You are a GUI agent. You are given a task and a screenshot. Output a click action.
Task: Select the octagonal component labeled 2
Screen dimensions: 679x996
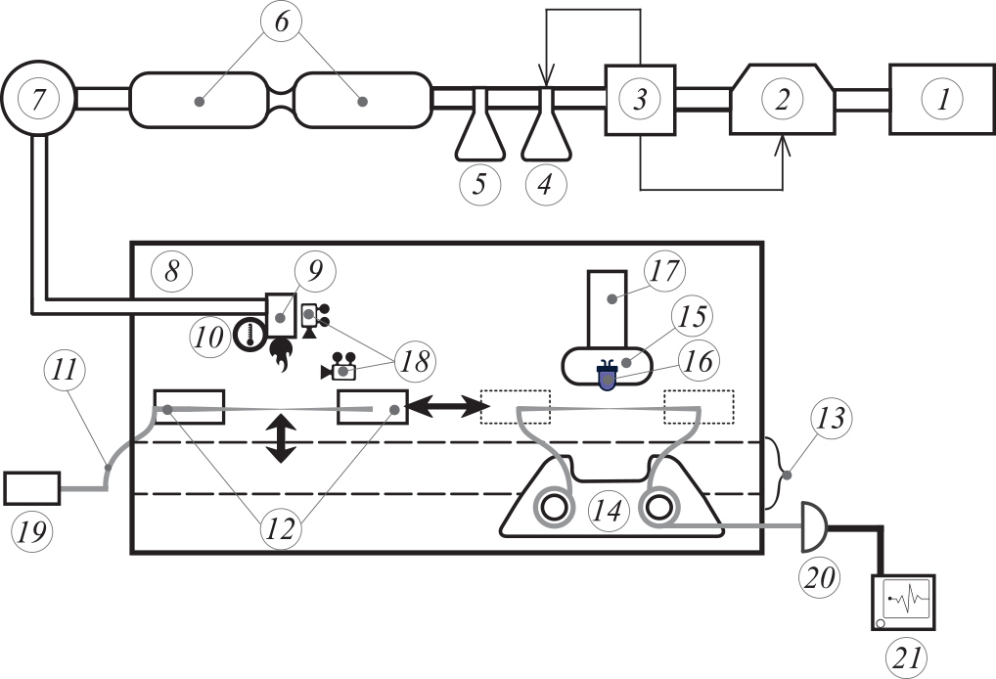pyautogui.click(x=782, y=99)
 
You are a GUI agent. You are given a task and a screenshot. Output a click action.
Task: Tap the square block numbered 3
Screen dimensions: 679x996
pyautogui.click(x=640, y=99)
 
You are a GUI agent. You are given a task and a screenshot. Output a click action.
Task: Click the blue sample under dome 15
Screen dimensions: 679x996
pyautogui.click(x=608, y=378)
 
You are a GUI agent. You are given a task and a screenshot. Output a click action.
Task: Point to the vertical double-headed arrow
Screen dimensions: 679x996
pyautogui.click(x=281, y=437)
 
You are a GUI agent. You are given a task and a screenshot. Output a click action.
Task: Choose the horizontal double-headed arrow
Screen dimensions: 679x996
pyautogui.click(x=445, y=402)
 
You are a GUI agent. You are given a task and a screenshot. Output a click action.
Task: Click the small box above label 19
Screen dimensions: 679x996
pyautogui.click(x=32, y=487)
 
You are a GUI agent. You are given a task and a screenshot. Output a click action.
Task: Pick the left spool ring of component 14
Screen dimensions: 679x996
pyautogui.click(x=554, y=509)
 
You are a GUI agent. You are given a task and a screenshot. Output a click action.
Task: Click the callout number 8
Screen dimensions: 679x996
pyautogui.click(x=171, y=271)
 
